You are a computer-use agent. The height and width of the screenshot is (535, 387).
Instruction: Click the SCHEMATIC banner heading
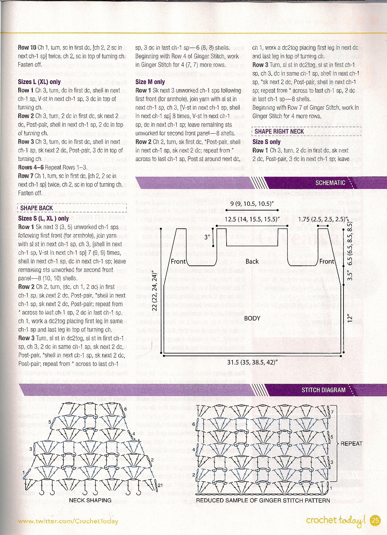coord(330,183)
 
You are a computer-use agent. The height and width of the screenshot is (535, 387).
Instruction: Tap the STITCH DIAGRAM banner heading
coord(324,390)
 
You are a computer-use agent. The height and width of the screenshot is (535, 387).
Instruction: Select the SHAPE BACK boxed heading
coord(36,208)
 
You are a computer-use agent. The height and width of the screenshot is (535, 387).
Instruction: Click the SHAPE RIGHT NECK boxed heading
coord(279,132)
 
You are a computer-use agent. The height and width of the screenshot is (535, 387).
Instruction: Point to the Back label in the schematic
coord(252,261)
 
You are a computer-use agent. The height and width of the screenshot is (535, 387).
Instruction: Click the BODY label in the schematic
coord(252,318)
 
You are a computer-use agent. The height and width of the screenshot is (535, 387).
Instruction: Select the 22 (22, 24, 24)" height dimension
coord(155,292)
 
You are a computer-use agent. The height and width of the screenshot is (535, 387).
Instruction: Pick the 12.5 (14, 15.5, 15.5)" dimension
coord(252,220)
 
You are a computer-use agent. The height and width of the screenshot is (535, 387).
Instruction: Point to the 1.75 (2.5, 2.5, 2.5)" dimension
coord(323,220)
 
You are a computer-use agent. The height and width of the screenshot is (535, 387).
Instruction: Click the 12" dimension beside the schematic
coord(350,318)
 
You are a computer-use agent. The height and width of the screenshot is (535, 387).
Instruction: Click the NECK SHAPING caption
coord(90,500)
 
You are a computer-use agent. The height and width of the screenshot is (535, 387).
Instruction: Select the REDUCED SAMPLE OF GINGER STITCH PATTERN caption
coord(263,500)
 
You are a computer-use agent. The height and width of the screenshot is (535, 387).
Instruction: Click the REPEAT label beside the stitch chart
coord(351,443)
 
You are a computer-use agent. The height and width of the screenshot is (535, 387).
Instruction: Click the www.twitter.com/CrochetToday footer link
coord(68,521)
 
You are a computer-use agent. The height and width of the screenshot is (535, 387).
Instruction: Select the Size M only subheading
coord(150,82)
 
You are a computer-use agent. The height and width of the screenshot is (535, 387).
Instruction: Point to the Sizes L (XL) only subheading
coord(39,82)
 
